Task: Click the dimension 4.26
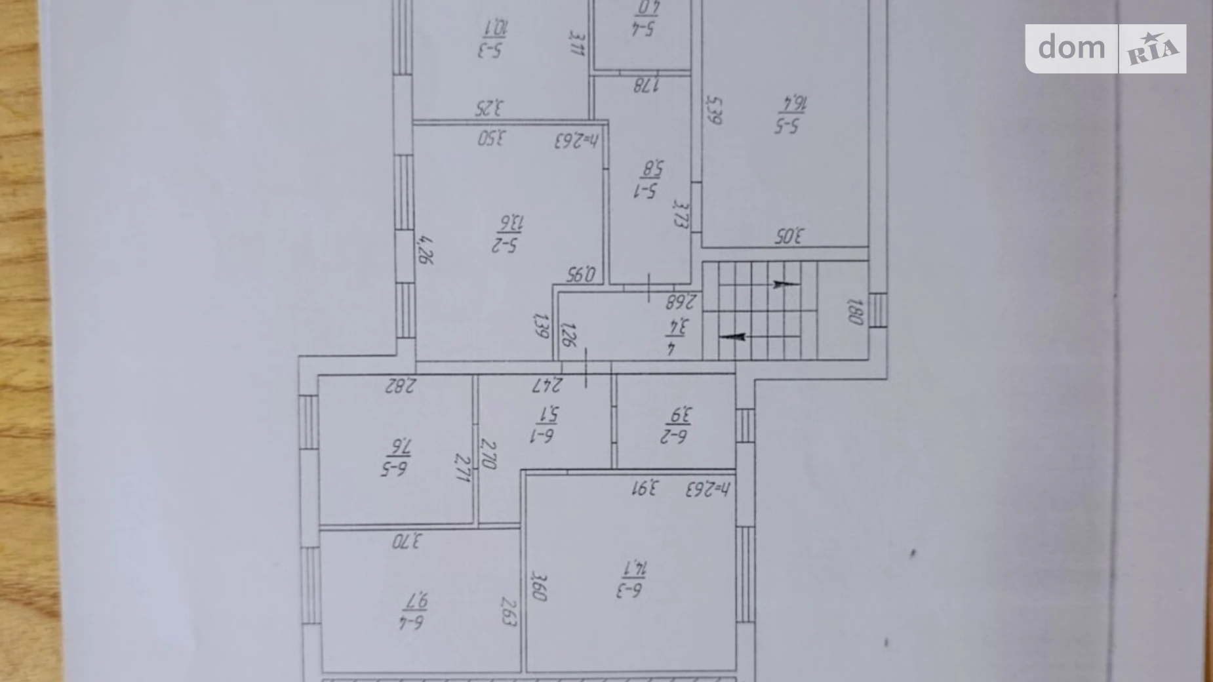(426, 250)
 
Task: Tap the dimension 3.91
(645, 489)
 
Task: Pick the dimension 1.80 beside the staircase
(855, 311)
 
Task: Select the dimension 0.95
(581, 273)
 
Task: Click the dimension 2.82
(400, 385)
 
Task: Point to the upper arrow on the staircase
(785, 284)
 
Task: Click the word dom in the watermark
(1071, 48)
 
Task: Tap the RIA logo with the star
(1152, 49)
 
